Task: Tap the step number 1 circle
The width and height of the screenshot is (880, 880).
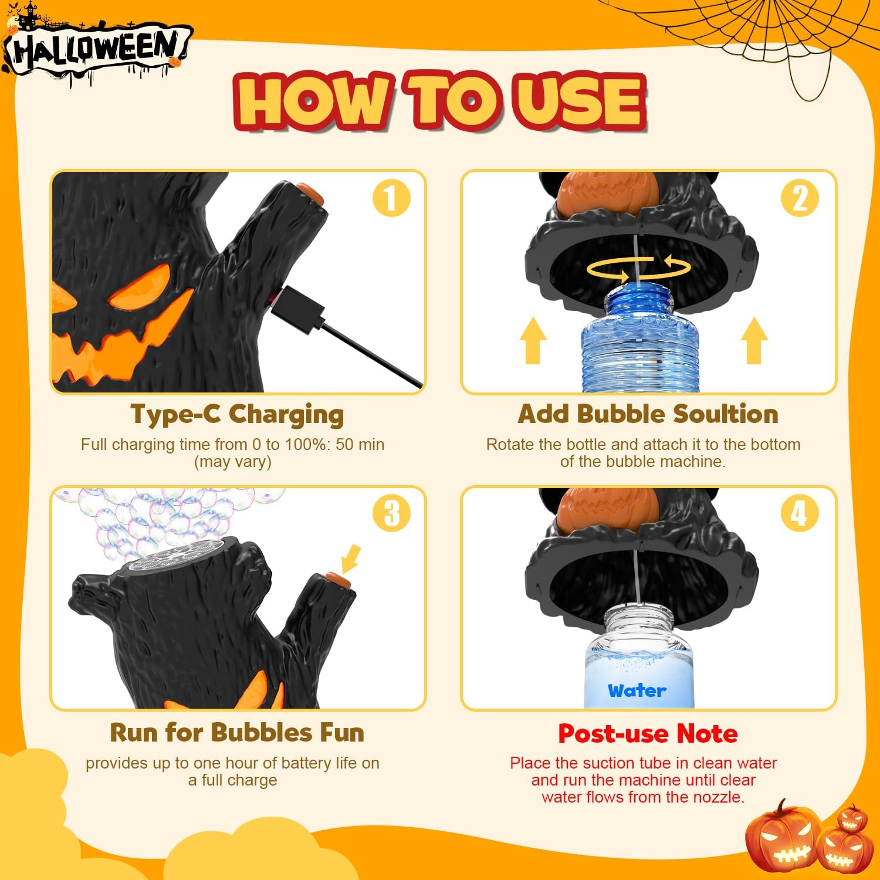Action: tap(391, 198)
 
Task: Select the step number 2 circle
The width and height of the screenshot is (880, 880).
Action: tap(800, 198)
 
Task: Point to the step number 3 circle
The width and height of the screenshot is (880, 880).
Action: tap(391, 513)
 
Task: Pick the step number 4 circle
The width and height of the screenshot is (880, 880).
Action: tap(800, 513)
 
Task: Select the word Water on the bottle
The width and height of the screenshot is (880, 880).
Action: tap(637, 691)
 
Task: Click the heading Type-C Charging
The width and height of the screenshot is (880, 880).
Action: tap(237, 415)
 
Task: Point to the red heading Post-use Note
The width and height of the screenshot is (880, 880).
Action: tap(648, 733)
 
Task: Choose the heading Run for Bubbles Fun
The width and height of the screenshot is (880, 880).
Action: tap(237, 733)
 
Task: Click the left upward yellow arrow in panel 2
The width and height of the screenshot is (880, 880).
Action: tap(533, 341)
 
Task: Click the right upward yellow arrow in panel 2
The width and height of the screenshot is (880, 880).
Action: tap(754, 341)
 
